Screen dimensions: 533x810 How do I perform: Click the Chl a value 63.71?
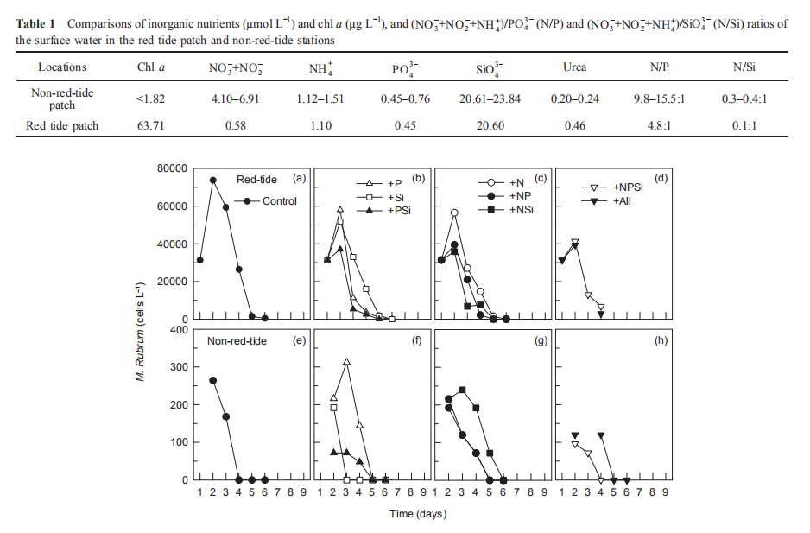coord(150,126)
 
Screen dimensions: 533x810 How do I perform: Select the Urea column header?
coord(574,67)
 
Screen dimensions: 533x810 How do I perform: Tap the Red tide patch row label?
coord(63,126)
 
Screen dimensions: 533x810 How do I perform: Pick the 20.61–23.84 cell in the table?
coord(490,98)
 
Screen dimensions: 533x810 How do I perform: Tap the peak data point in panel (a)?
coord(212,181)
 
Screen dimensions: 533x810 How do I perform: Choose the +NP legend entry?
coord(521,197)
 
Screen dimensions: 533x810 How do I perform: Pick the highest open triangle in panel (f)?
coord(346,362)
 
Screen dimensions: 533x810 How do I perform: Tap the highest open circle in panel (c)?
coord(453,213)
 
